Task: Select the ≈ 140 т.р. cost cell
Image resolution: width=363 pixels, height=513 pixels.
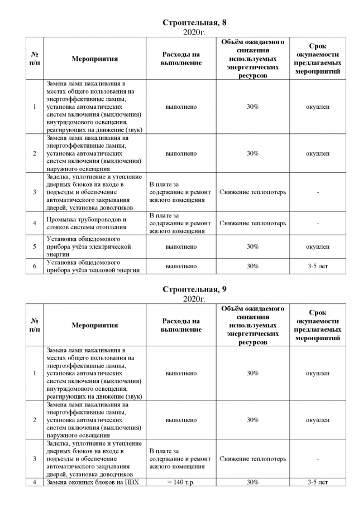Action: pos(181,482)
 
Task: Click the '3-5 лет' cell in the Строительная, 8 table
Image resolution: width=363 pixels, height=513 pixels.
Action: pos(317,267)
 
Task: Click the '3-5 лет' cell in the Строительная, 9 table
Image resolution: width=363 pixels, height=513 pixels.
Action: pos(317,482)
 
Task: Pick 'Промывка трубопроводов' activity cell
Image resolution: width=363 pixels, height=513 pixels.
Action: pos(86,224)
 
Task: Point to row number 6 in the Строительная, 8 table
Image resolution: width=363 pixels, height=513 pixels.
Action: pos(35,267)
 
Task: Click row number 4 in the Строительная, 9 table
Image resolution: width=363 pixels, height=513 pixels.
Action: pos(35,482)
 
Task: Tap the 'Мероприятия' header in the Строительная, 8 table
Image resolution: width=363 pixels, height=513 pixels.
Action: pos(94,59)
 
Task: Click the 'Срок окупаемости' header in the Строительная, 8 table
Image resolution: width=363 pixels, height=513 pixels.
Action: pos(317,59)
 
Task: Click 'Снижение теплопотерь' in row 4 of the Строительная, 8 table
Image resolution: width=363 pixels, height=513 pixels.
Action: pos(252,224)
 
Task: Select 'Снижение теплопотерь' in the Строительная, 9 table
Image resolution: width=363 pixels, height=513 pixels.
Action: pos(252,459)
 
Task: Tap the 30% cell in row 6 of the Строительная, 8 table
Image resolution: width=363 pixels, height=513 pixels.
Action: pos(252,267)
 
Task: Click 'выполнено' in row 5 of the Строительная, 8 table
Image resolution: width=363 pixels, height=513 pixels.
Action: pos(181,246)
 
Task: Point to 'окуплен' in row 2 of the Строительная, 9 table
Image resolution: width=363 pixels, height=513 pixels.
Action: pos(317,420)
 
